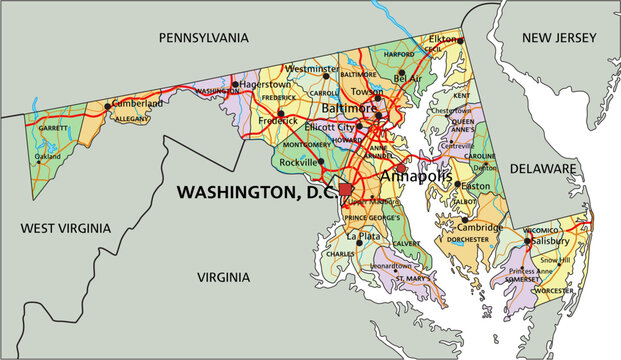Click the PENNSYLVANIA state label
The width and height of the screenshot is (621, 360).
[x=203, y=37]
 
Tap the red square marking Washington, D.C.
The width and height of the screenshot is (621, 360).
[x=346, y=189]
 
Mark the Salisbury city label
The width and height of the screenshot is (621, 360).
[x=550, y=241]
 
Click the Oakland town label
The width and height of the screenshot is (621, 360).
[x=48, y=156]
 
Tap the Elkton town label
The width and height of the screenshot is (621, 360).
[x=444, y=38]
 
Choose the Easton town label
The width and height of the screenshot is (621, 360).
[x=475, y=186]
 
